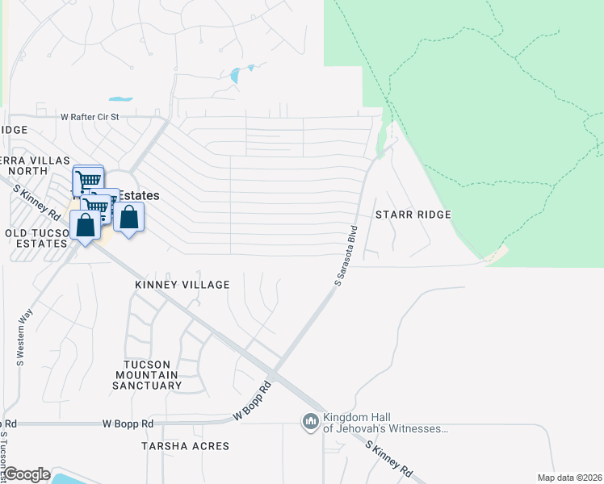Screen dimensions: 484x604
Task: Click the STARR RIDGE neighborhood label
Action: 413,215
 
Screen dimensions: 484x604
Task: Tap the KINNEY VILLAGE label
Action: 182,285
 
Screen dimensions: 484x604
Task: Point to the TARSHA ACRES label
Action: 185,446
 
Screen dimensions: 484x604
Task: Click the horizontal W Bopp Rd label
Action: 128,423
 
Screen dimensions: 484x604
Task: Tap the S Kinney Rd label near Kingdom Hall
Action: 389,459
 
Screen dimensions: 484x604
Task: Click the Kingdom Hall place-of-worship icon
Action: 311,423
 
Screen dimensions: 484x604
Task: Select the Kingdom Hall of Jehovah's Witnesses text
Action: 385,423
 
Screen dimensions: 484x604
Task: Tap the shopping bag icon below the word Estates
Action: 128,218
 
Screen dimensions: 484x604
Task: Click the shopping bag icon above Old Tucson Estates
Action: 86,226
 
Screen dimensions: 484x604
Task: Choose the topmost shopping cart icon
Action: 88,179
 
